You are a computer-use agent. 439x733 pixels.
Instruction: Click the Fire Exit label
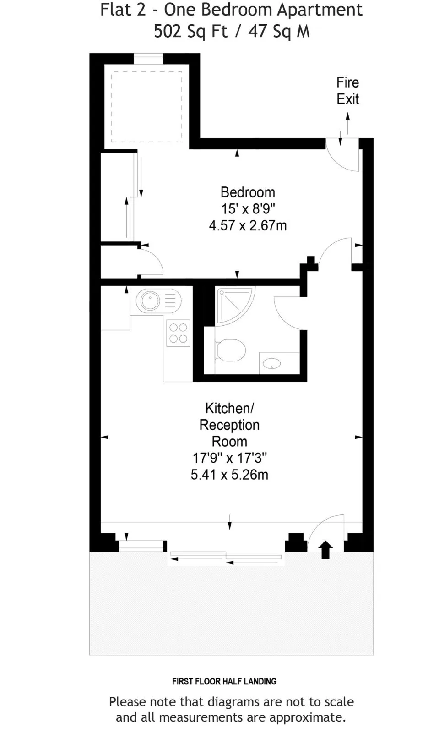pos(348,91)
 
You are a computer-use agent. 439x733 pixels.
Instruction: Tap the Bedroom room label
pos(248,192)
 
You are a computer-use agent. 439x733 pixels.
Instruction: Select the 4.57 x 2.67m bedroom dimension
pos(248,225)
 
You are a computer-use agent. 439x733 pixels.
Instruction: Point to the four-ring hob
pos(178,333)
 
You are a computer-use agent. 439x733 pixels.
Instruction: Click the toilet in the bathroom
pos(230,350)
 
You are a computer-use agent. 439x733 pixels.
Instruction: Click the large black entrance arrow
pos(325,549)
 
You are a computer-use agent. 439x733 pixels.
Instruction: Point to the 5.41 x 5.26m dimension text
pos(229,475)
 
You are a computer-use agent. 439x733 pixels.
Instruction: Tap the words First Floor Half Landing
pos(224,681)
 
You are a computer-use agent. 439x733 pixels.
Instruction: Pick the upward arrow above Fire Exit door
pos(348,123)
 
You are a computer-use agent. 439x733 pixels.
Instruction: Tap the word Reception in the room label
pos(229,425)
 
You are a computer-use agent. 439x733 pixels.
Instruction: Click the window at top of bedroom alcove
pos(148,59)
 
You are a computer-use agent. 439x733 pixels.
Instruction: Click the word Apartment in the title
pos(320,10)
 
